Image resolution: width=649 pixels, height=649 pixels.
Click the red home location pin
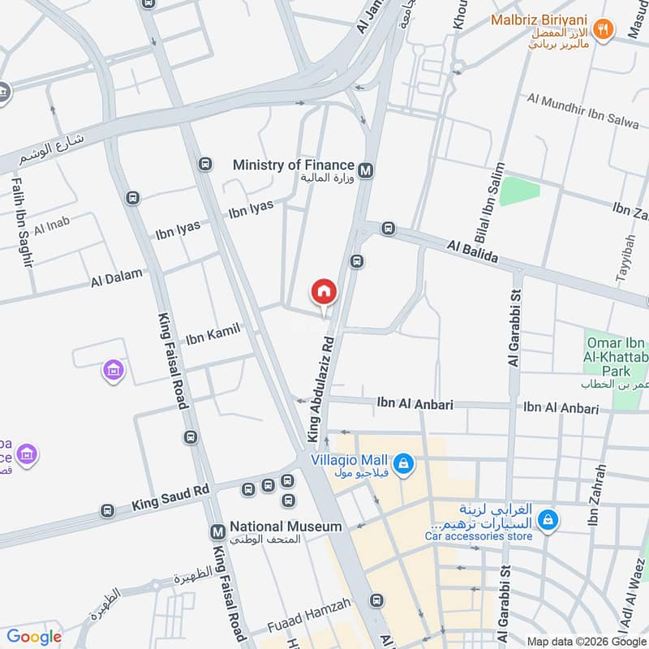[x=323, y=291]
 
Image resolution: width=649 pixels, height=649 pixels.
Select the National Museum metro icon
[x=217, y=532]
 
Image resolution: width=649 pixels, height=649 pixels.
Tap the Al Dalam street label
[x=117, y=279]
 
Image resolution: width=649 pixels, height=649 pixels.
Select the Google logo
[x=34, y=637]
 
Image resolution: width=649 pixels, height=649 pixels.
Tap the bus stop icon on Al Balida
[x=389, y=230]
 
